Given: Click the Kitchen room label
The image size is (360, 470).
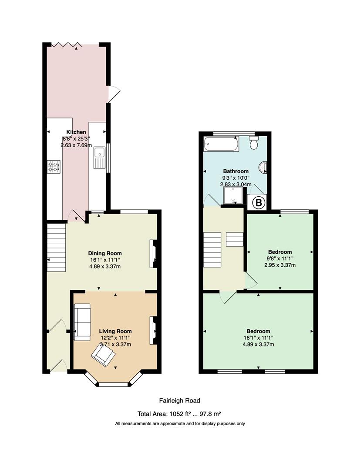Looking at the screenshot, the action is coord(76,132).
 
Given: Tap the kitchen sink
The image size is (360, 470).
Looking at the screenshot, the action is coord(99,158).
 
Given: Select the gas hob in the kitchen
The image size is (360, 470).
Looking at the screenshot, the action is coord(54,167).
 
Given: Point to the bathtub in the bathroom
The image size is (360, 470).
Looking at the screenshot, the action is coord(221,144).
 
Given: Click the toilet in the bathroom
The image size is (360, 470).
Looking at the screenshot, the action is coord(254,143).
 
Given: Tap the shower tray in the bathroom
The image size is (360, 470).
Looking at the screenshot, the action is coord(233,195).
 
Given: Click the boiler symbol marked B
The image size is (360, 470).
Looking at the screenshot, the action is coord(259,203).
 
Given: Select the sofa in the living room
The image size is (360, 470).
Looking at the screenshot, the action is coord(82,322).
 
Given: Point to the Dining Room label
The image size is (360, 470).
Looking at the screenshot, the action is coord(105,253).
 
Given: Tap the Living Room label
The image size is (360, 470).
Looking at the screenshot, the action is coord(115,331).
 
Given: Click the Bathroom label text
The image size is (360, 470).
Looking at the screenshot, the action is coord(236,171).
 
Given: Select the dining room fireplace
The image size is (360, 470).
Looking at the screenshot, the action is coord(153,254).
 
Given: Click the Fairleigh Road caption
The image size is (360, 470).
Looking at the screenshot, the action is coord(179,400).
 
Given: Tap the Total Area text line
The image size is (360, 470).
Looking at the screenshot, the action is coord(179,414).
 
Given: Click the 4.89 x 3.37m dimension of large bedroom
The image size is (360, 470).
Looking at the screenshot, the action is coord(259,344).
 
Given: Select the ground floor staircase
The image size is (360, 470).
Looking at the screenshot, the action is coord(56,248).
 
